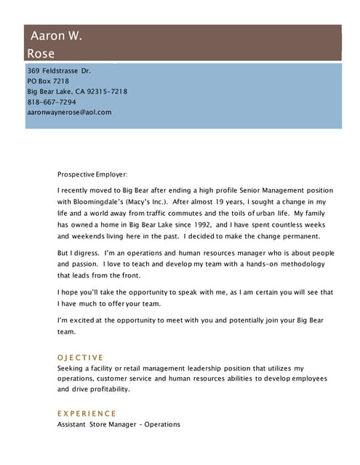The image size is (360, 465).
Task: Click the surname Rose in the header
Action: (41, 53)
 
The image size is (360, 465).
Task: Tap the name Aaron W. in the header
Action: (56, 36)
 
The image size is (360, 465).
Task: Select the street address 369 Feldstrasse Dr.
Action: (59, 71)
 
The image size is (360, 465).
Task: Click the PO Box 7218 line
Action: (48, 81)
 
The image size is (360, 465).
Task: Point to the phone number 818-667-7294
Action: (52, 102)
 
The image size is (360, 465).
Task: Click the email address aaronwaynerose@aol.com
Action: (69, 112)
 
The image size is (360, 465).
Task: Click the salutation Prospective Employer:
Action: (92, 174)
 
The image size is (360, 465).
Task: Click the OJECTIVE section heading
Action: (80, 357)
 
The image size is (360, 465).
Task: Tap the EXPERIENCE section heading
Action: (87, 413)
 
